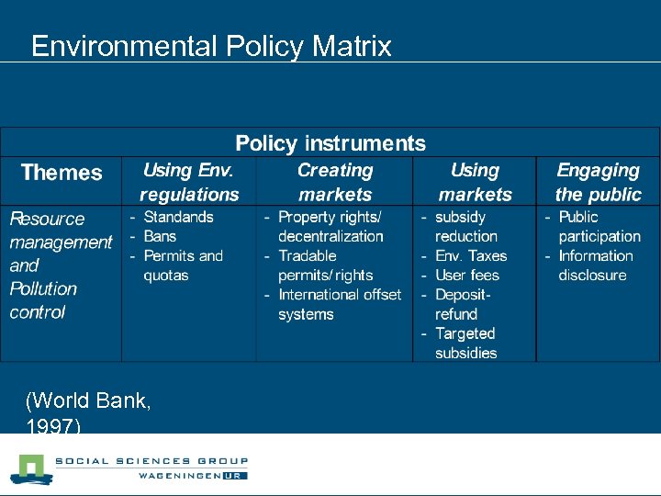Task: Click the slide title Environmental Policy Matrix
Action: pyautogui.click(x=211, y=46)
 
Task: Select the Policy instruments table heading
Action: pyautogui.click(x=330, y=143)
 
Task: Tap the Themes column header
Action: pyautogui.click(x=62, y=173)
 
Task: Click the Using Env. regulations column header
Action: pyautogui.click(x=189, y=182)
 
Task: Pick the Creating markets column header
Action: pyautogui.click(x=335, y=182)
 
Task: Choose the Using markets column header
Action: pyautogui.click(x=475, y=182)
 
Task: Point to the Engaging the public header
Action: pyautogui.click(x=598, y=182)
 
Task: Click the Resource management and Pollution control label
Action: pyautogui.click(x=60, y=265)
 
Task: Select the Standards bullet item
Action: pyautogui.click(x=178, y=217)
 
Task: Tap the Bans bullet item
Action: pyautogui.click(x=160, y=236)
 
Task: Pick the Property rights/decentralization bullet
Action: pyautogui.click(x=330, y=226)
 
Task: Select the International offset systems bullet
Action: pyautogui.click(x=339, y=304)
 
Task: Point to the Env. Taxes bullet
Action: pyautogui.click(x=470, y=255)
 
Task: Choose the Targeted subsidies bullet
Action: pyautogui.click(x=465, y=343)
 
